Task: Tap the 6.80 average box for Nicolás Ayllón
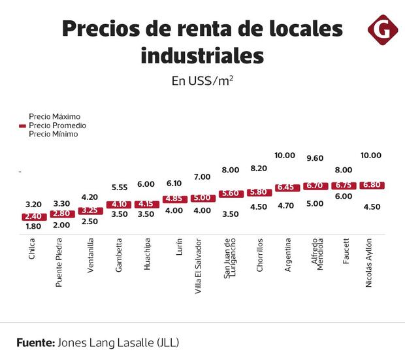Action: point(372,186)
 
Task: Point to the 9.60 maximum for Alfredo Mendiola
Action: point(315,158)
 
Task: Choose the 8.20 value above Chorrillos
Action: point(259,169)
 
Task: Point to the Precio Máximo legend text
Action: point(54,116)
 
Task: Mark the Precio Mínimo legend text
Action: point(54,134)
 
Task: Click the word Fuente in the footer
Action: point(35,342)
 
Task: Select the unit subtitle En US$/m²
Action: point(202,81)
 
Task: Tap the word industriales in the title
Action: point(202,57)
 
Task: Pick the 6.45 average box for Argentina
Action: point(287,188)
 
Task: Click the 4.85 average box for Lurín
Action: point(174,199)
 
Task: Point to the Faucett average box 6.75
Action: point(344,186)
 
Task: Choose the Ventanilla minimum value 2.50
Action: point(90,222)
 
